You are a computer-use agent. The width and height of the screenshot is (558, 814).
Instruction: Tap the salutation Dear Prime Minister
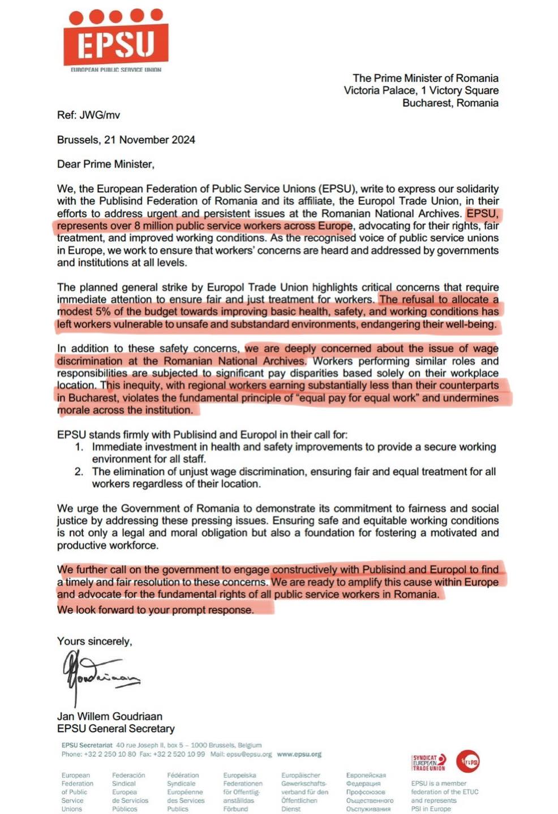click(105, 164)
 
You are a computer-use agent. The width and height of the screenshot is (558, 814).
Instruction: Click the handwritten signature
click(99, 676)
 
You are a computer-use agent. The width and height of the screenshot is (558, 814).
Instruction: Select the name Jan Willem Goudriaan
click(110, 716)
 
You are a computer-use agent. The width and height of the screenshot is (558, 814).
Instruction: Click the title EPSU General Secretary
click(116, 729)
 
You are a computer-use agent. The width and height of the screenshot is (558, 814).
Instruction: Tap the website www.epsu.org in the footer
click(299, 754)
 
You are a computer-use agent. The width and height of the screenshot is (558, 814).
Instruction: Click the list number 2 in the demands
click(79, 472)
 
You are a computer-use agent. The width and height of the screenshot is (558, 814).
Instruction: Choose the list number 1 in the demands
click(79, 447)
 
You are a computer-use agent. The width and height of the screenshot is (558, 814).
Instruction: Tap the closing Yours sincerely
click(95, 642)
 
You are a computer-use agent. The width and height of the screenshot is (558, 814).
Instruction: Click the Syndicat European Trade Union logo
click(428, 762)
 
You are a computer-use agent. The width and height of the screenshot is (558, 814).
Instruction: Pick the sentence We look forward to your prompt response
click(156, 610)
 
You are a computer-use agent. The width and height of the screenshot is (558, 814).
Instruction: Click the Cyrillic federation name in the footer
click(369, 792)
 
